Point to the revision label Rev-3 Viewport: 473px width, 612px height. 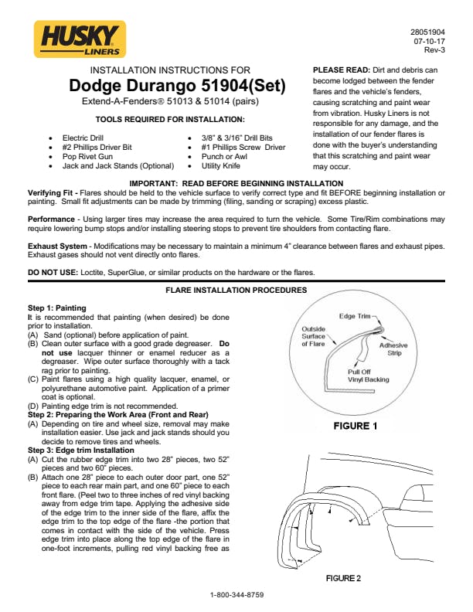[434, 49]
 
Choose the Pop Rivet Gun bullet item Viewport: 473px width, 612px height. [87, 156]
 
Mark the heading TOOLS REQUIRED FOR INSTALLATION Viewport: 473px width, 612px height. [169, 119]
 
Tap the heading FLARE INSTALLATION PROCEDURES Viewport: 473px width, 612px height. [236, 291]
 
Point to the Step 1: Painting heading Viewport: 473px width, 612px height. [57, 308]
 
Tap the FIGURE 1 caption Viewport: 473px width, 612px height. [355, 426]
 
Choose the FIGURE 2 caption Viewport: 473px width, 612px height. [342, 577]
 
